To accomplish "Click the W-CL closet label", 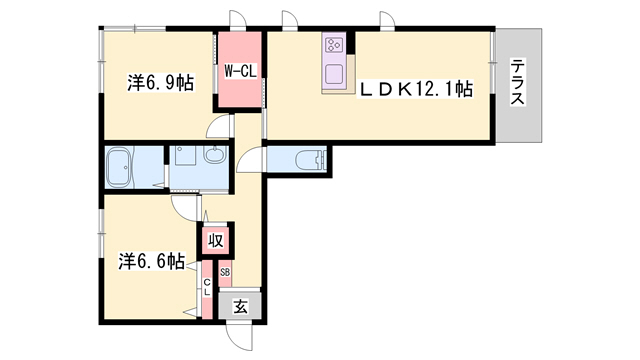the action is tap(240, 71).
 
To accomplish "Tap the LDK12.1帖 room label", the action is tap(415, 89).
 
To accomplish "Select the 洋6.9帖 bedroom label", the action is tap(160, 83).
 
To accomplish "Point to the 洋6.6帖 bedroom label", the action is tap(152, 260).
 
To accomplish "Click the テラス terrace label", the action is tap(518, 82).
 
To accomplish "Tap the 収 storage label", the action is tap(216, 240).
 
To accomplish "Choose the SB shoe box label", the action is tap(225, 272).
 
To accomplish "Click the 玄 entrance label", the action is tap(240, 306).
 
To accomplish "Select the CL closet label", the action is tap(207, 287).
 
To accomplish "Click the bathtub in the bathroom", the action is tap(119, 167).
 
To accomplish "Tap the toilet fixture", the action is tap(310, 160).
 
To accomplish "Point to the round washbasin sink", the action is tap(215, 155).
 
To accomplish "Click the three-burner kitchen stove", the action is tap(335, 44).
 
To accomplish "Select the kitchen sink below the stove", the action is tap(335, 75).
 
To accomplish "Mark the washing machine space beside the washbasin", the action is tap(186, 155).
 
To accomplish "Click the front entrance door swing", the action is tap(240, 337).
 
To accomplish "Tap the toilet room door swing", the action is tap(250, 159).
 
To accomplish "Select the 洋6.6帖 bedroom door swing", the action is tap(184, 208).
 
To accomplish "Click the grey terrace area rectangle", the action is tap(519, 85).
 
